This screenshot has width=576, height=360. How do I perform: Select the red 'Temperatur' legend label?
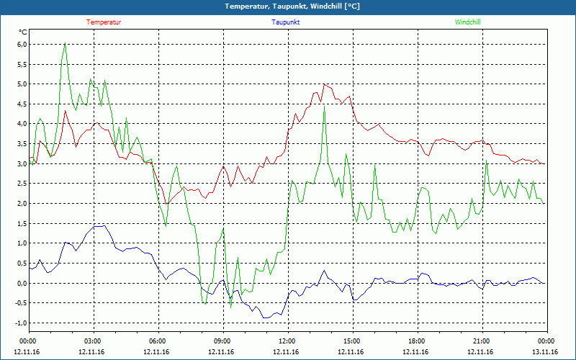coord(104,22)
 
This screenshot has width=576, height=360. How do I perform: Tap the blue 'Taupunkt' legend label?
coord(286,22)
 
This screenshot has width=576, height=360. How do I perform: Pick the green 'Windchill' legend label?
coord(467,22)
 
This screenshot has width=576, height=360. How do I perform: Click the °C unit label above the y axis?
coord(23,32)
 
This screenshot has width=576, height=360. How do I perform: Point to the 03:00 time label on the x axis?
coord(93,341)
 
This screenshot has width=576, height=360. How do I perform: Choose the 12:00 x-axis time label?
coord(287,341)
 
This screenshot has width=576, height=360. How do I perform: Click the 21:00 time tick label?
coord(481,341)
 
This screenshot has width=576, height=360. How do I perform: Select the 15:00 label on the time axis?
coord(351,341)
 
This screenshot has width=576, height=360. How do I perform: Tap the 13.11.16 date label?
coord(546,352)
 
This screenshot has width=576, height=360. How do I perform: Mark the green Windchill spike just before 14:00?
coord(325,107)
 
